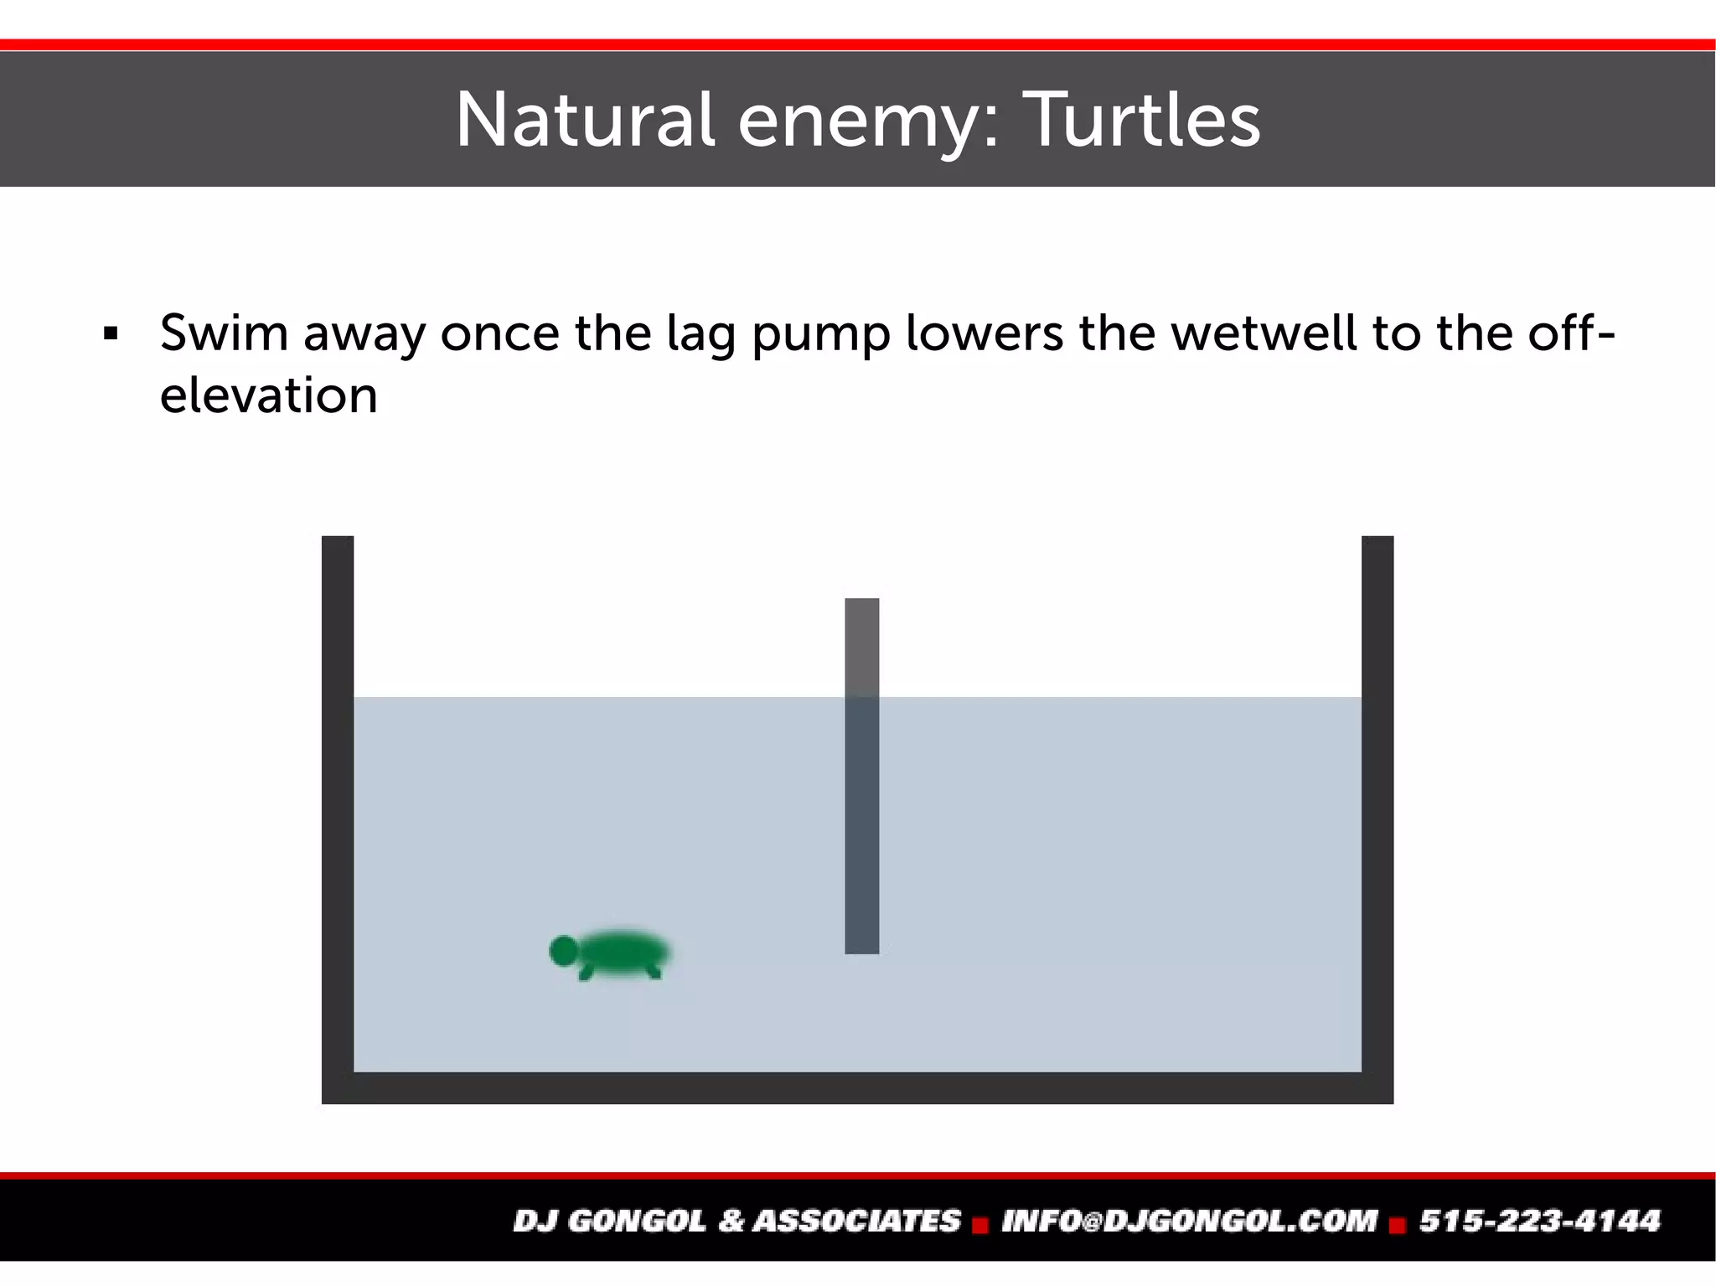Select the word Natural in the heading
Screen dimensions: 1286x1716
point(584,121)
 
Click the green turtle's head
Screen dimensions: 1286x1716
point(563,950)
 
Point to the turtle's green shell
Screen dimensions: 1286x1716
point(625,951)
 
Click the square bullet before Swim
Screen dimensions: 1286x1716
point(110,334)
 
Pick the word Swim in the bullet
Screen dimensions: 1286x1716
point(224,333)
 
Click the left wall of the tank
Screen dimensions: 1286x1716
point(338,804)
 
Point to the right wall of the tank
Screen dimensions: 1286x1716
point(1377,804)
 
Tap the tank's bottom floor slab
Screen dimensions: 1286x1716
point(857,1087)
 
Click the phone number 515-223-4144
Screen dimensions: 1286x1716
point(1539,1221)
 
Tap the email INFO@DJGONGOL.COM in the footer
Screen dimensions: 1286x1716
point(1189,1221)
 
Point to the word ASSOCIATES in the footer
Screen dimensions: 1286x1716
point(856,1221)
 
